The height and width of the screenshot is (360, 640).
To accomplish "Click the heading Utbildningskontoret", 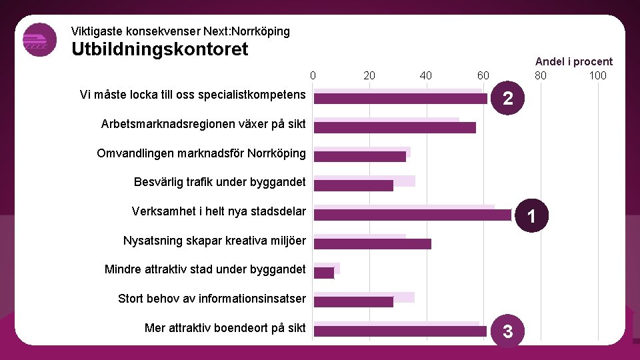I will (159, 49).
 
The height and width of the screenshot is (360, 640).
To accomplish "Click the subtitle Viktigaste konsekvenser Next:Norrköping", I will (180, 31).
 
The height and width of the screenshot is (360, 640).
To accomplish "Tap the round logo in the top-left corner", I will (39, 40).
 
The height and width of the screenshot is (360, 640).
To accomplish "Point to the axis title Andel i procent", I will (573, 61).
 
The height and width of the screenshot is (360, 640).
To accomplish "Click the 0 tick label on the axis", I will (313, 75).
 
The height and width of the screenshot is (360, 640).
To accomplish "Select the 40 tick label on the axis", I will (426, 75).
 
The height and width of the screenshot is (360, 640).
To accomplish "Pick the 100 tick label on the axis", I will (597, 75).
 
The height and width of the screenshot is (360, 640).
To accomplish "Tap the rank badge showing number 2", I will (508, 99).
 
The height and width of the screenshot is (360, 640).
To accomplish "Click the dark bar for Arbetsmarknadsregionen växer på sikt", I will (395, 127).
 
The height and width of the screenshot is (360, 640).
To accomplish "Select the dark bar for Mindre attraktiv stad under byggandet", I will (324, 273).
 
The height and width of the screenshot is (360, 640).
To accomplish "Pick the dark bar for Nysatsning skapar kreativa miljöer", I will (373, 244).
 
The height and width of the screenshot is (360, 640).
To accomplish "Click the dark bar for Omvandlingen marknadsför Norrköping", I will (360, 157).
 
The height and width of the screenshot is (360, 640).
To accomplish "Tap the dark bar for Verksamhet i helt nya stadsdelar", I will (413, 215).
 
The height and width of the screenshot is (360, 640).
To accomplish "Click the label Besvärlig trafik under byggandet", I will (219, 182).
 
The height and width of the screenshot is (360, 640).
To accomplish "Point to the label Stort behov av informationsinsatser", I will (211, 298).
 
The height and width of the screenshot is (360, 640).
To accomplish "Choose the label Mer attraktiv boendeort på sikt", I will (225, 327).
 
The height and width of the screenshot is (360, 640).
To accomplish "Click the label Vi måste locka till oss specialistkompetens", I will (192, 95).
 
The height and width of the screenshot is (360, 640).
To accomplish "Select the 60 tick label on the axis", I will (483, 75).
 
